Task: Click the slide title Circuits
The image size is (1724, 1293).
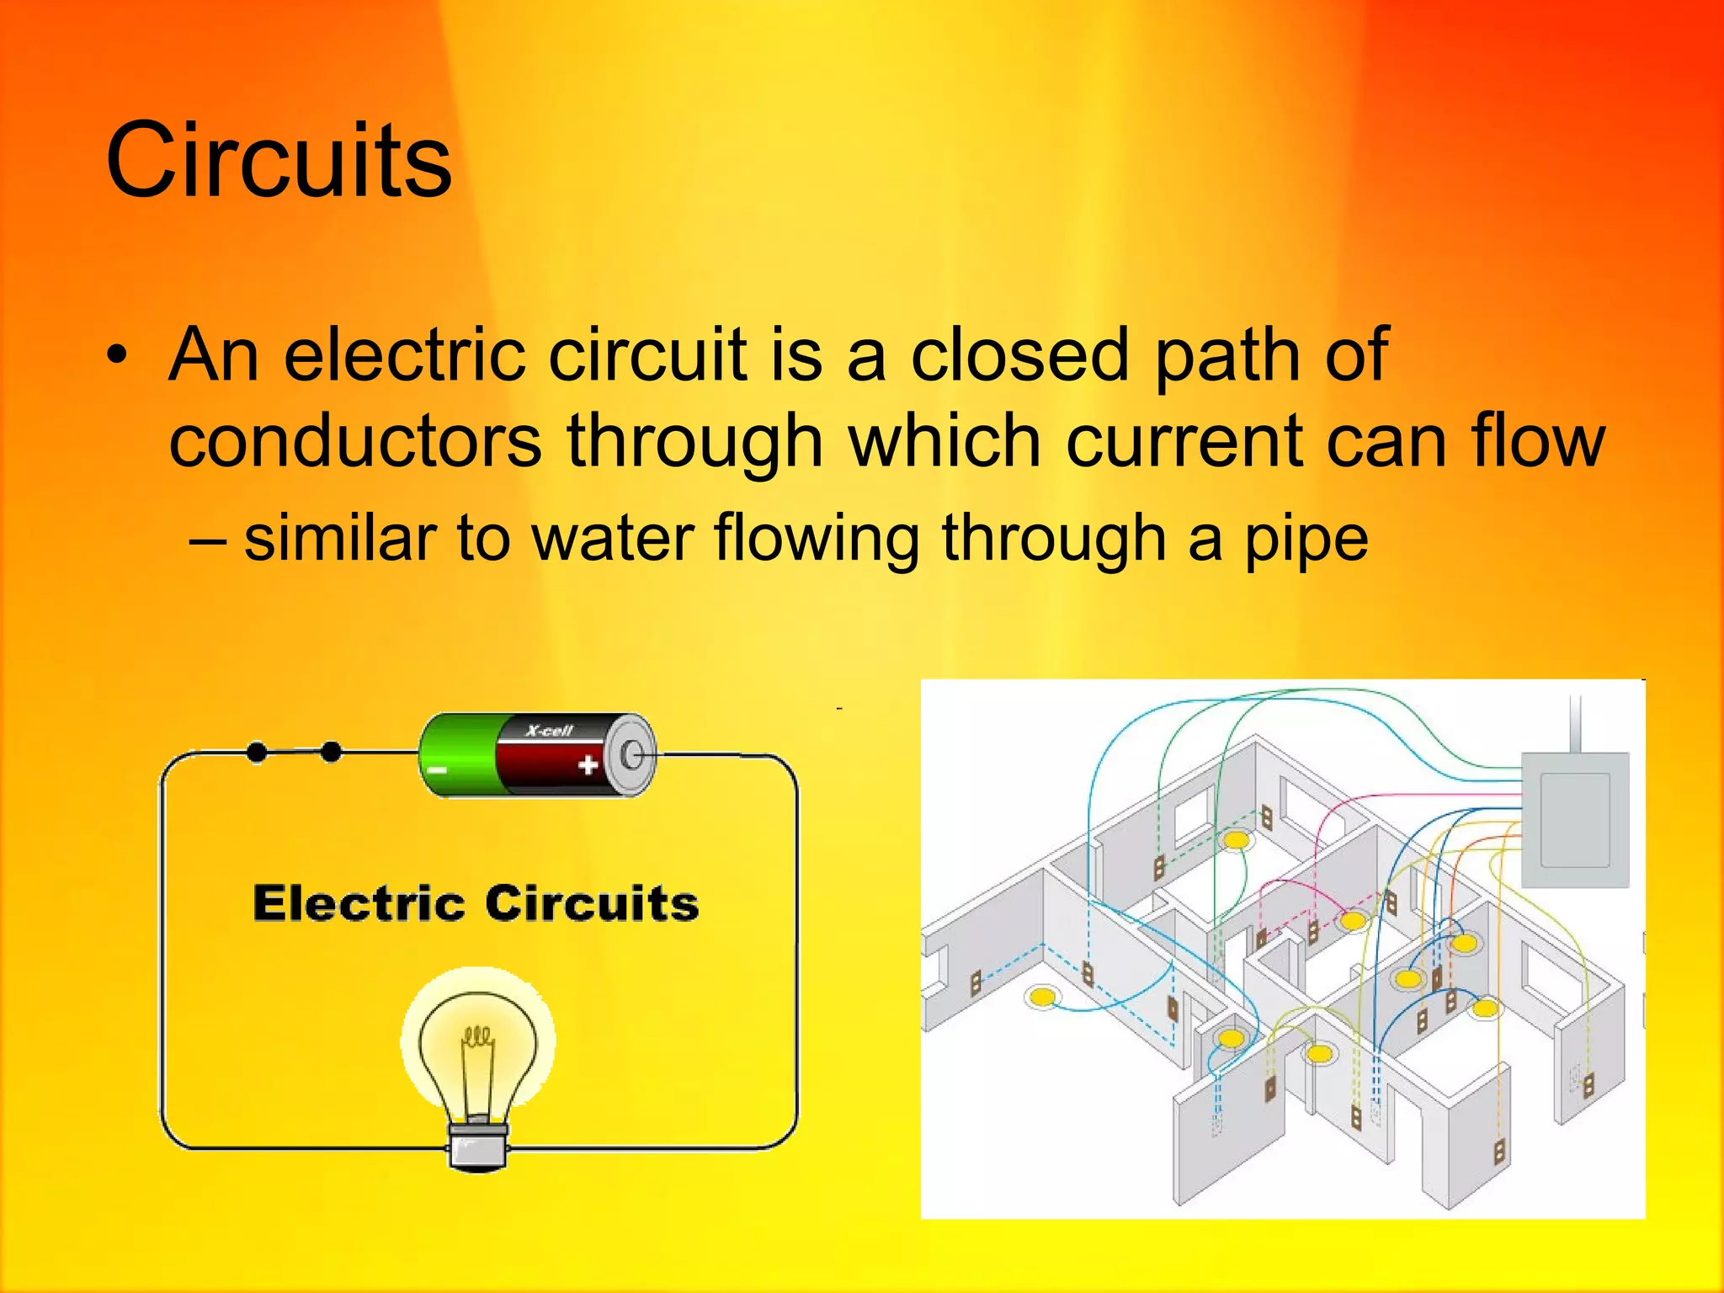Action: [279, 160]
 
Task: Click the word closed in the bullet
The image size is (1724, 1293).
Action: [1019, 355]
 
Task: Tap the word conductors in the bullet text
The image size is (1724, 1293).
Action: [354, 441]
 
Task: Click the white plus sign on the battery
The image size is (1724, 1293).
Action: [588, 765]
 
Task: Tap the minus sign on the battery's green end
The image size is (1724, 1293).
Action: [438, 769]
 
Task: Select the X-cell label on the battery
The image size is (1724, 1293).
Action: [549, 731]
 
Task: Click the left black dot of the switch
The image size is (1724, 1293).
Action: [257, 752]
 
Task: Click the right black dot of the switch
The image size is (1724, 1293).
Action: [332, 752]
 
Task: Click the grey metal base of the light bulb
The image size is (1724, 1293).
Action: [477, 1146]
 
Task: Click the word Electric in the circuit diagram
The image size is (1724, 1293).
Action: [359, 903]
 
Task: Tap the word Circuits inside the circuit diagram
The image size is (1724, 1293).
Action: [592, 903]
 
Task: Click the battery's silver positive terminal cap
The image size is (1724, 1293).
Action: [633, 755]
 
